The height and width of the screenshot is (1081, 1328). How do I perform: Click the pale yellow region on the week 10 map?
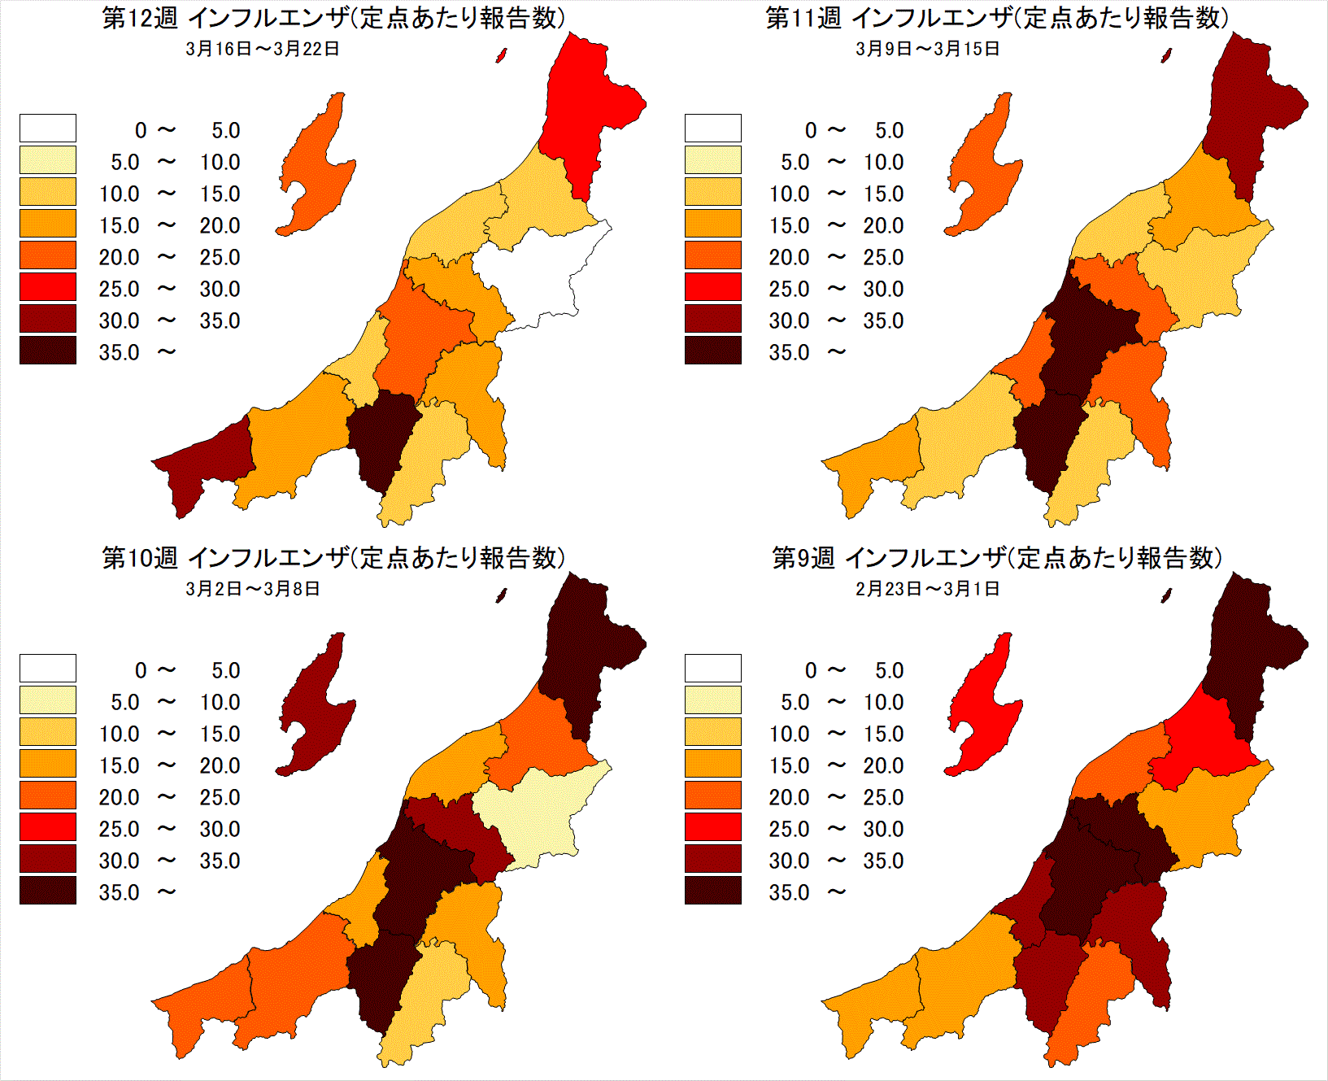coord(537,813)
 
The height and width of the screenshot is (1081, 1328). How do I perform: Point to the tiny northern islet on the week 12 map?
coord(502,55)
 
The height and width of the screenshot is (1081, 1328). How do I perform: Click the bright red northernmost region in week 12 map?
coord(586,106)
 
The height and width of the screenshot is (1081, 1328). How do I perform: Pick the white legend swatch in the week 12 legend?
coord(48,129)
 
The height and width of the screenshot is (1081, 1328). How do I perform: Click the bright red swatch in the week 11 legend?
coord(712,287)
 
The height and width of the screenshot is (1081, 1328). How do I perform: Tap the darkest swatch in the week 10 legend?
coord(48,891)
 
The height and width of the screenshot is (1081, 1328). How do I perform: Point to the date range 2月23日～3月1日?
coord(927,589)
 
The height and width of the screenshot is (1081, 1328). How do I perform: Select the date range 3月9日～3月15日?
coord(927,49)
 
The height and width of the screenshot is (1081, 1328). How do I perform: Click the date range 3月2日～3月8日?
coord(253,589)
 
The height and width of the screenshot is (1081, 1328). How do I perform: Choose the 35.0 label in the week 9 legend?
coord(789,893)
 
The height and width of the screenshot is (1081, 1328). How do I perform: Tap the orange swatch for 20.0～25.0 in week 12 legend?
coord(48,255)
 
